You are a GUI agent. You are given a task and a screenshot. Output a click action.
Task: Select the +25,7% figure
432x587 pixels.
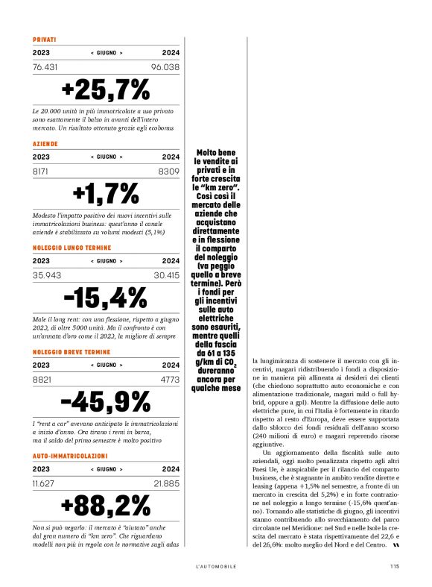(106, 90)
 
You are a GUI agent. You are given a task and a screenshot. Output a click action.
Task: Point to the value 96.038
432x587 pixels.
(165, 67)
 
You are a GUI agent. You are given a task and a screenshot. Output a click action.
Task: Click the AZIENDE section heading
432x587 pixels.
(45, 143)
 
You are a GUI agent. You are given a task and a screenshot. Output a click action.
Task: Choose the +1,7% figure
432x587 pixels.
(106, 194)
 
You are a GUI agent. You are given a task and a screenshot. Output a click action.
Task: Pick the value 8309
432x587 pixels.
(169, 172)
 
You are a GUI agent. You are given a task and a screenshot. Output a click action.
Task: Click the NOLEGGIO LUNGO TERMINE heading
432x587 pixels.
(72, 247)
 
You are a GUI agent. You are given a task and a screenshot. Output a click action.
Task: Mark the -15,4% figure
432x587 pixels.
(106, 298)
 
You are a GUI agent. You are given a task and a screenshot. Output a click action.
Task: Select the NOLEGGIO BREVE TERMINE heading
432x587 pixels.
(72, 351)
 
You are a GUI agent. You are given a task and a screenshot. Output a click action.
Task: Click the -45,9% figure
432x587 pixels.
(106, 402)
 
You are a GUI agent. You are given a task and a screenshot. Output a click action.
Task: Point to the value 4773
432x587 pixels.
(169, 380)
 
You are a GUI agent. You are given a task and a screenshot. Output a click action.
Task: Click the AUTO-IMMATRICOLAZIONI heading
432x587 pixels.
(71, 455)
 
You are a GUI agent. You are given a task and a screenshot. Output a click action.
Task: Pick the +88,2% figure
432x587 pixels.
(106, 506)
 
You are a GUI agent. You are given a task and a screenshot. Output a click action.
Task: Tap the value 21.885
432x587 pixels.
(165, 483)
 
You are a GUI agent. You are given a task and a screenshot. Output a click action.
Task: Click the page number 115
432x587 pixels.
(395, 565)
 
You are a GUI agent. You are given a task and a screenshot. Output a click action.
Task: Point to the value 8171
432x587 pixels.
(42, 172)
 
